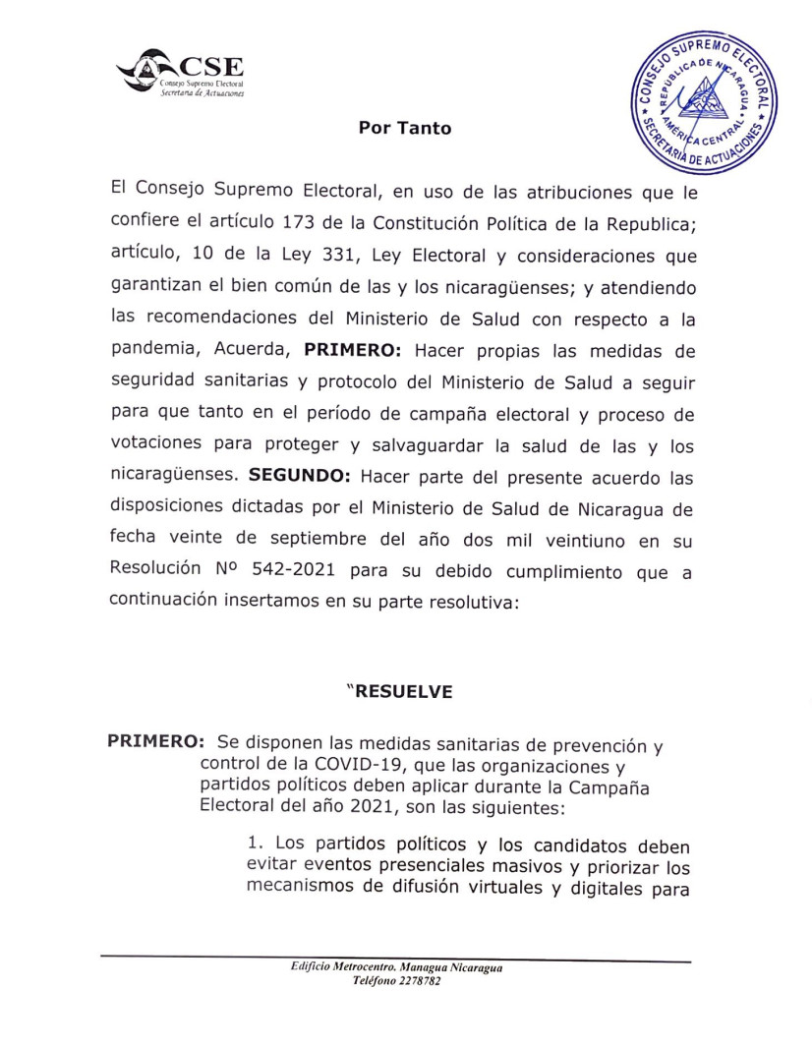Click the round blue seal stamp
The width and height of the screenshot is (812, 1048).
point(702,100)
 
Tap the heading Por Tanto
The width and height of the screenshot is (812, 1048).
point(405,128)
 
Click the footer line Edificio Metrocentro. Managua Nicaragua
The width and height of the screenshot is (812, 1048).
point(397,968)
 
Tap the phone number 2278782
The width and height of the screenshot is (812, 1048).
point(417,981)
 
